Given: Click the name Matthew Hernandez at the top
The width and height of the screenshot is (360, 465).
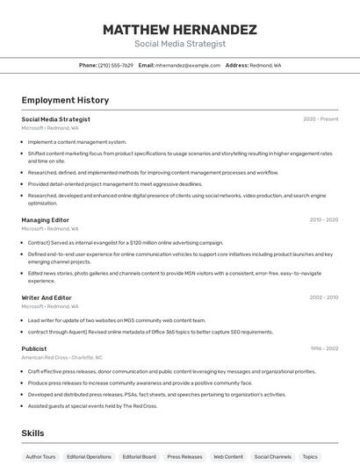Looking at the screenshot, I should click(x=180, y=30).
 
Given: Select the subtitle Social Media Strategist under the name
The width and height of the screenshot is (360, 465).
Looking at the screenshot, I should click(x=180, y=44).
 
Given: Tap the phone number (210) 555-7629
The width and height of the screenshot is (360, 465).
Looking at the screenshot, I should click(x=116, y=66).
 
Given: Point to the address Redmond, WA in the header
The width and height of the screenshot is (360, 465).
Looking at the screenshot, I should click(x=265, y=66).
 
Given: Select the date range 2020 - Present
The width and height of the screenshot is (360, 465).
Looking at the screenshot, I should click(x=320, y=119).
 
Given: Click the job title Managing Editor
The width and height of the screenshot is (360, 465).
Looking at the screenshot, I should click(x=46, y=220).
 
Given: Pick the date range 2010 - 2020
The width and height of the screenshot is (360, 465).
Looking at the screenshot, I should click(x=323, y=220).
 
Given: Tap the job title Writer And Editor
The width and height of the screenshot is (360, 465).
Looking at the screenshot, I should click(x=47, y=297).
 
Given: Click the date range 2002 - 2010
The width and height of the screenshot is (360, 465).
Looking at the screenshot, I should click(x=323, y=297).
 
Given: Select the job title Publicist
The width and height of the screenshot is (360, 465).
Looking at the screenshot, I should click(x=34, y=348).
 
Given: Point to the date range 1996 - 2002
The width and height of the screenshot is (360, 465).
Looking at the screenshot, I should click(x=323, y=348).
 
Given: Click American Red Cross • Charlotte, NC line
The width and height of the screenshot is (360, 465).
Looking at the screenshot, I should click(x=61, y=357).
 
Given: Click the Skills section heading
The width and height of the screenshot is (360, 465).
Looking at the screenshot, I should click(x=32, y=433).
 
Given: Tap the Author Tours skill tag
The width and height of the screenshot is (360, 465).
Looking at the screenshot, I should click(x=40, y=457).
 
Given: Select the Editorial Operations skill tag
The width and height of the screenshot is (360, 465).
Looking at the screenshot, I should click(x=89, y=457).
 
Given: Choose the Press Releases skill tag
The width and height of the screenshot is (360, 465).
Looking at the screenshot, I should click(x=184, y=457).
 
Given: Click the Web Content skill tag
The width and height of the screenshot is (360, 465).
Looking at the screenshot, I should click(x=228, y=457).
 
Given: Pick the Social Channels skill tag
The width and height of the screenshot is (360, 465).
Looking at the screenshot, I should click(x=273, y=457).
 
